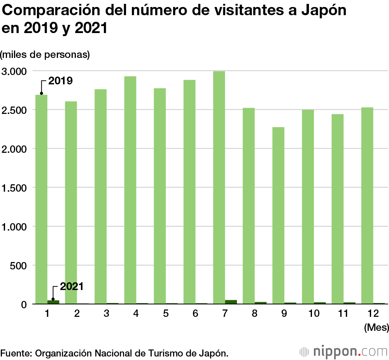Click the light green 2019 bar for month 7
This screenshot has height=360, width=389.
(x=219, y=187)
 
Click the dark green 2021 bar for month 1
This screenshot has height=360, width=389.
(x=53, y=302)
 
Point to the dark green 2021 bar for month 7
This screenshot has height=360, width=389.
(x=231, y=302)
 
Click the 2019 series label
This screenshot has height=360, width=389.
(x=60, y=81)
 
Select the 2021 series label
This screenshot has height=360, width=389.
(x=72, y=287)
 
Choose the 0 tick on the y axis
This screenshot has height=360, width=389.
(x=23, y=304)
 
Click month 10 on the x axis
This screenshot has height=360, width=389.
(x=314, y=313)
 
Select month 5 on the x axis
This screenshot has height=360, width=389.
(x=166, y=313)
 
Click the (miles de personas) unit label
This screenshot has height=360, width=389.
(x=45, y=54)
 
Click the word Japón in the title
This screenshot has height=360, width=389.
(x=324, y=10)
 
